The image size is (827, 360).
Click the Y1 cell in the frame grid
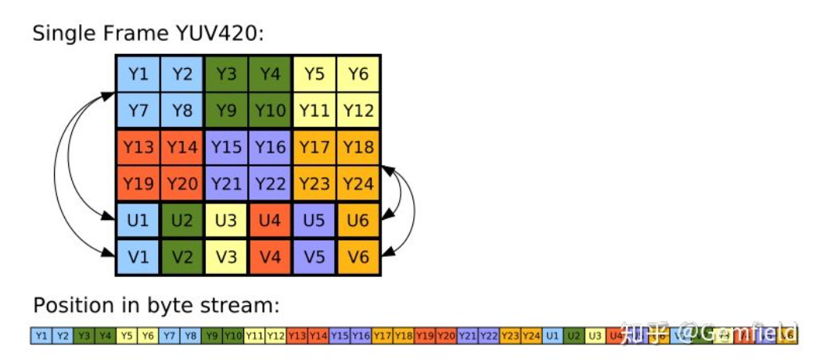[x=138, y=74]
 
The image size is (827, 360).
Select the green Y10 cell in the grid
[x=270, y=111]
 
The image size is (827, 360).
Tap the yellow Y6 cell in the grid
[x=358, y=74]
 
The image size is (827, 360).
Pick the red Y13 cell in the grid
[x=138, y=147]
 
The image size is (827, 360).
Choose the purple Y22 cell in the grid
[x=270, y=184]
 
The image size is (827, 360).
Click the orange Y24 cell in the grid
[x=358, y=184]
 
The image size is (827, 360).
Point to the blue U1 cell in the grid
[x=138, y=221]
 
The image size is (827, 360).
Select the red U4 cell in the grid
[x=270, y=221]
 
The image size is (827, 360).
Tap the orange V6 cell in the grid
[x=358, y=257]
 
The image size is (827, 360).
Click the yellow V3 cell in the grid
[x=226, y=257]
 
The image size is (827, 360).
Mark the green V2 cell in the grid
[x=182, y=257]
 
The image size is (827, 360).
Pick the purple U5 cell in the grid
[x=314, y=221]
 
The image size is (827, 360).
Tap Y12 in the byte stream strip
[x=275, y=336]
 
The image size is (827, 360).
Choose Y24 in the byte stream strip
[x=531, y=336]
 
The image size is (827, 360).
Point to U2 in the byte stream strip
[x=574, y=336]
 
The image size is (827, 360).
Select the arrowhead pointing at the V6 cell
[x=387, y=252]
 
